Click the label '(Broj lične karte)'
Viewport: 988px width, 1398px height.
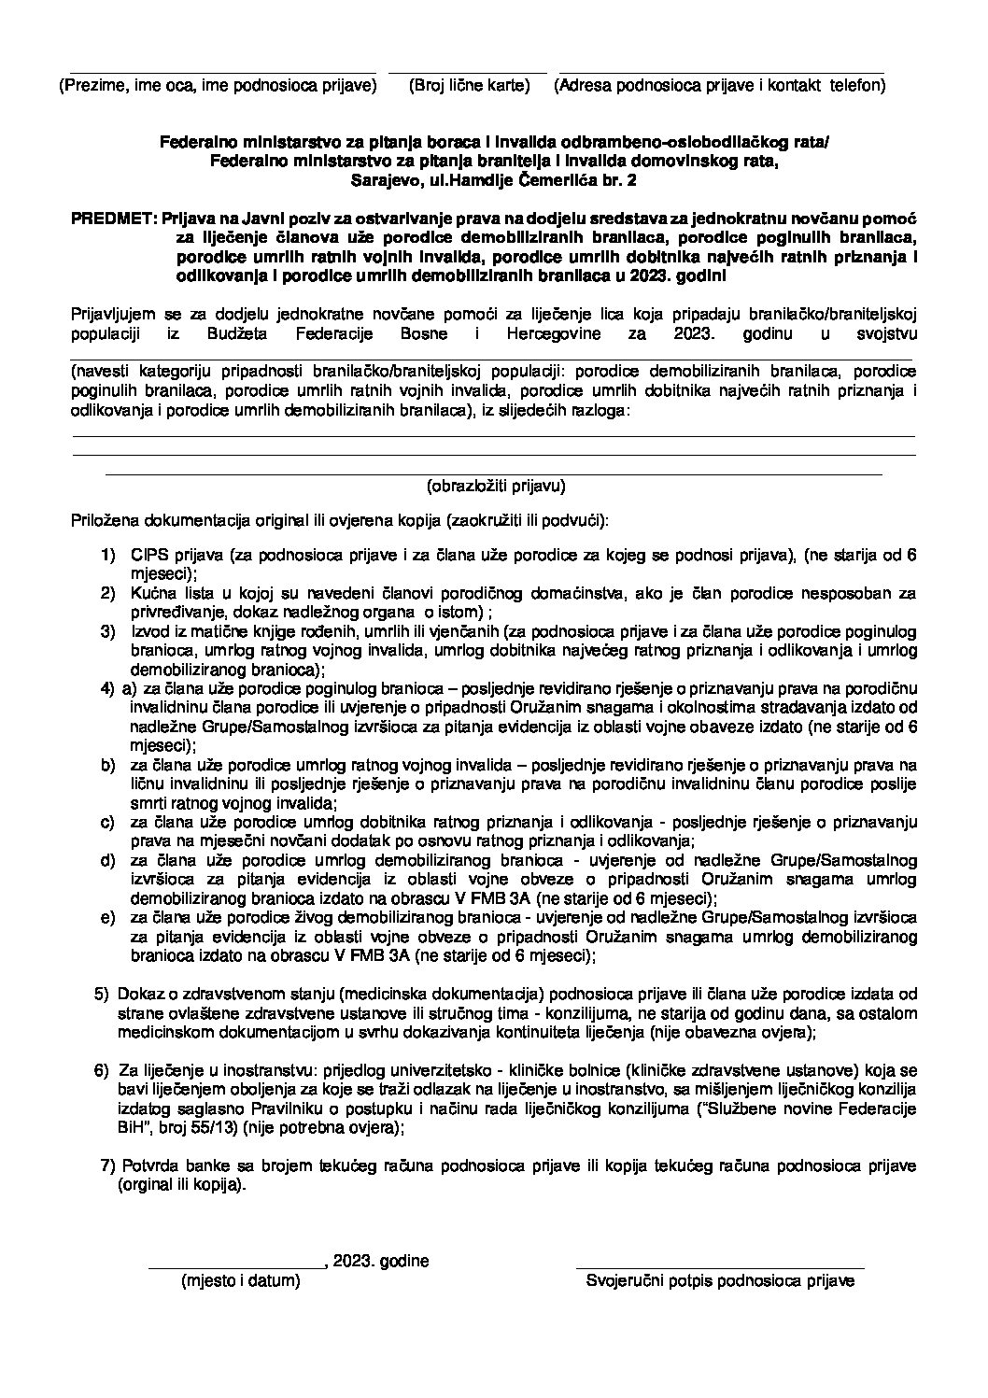(x=469, y=86)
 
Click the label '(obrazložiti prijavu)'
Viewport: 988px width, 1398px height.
(x=496, y=486)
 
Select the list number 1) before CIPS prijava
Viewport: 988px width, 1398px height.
(x=108, y=556)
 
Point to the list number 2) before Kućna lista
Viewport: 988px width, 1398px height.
(x=108, y=593)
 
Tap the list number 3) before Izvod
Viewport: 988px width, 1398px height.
(x=108, y=632)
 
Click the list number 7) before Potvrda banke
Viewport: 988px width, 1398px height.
(x=106, y=1165)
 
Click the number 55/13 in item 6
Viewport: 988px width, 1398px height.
(x=263, y=1127)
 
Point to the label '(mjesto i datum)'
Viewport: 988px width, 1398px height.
(x=240, y=1281)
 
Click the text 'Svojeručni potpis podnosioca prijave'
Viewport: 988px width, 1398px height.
(x=720, y=1281)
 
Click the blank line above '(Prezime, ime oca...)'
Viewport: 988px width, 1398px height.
(x=217, y=72)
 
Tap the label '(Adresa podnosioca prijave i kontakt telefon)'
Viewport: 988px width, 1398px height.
(x=719, y=86)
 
